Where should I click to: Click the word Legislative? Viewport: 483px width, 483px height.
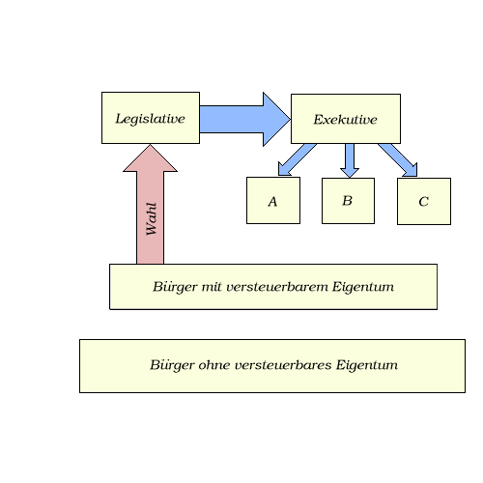pyautogui.click(x=150, y=119)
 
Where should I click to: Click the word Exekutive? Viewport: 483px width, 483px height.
pyautogui.click(x=345, y=120)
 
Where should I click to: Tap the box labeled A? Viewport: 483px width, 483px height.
pyautogui.click(x=273, y=200)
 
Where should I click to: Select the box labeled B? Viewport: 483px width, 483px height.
pyautogui.click(x=348, y=201)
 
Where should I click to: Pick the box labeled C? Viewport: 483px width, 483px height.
pyautogui.click(x=424, y=201)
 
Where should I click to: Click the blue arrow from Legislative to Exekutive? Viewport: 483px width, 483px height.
pyautogui.click(x=244, y=119)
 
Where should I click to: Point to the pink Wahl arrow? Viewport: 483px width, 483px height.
pyautogui.click(x=150, y=204)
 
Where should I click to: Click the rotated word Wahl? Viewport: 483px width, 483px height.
pyautogui.click(x=151, y=218)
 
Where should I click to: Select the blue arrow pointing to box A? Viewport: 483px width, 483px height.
pyautogui.click(x=297, y=160)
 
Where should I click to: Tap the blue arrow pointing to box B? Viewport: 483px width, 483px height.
pyautogui.click(x=350, y=160)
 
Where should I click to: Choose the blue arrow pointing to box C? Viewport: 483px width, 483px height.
pyautogui.click(x=398, y=160)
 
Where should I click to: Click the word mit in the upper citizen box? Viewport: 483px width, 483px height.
pyautogui.click(x=212, y=287)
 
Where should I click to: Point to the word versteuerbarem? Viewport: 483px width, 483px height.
pyautogui.click(x=277, y=287)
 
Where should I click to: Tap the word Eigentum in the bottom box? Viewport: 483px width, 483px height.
pyautogui.click(x=367, y=365)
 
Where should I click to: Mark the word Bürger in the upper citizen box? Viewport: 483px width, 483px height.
pyautogui.click(x=175, y=287)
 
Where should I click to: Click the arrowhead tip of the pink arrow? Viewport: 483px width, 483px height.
pyautogui.click(x=150, y=144)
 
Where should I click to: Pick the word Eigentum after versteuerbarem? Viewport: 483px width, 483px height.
pyautogui.click(x=363, y=287)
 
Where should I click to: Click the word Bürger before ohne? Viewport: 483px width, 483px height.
pyautogui.click(x=172, y=365)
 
